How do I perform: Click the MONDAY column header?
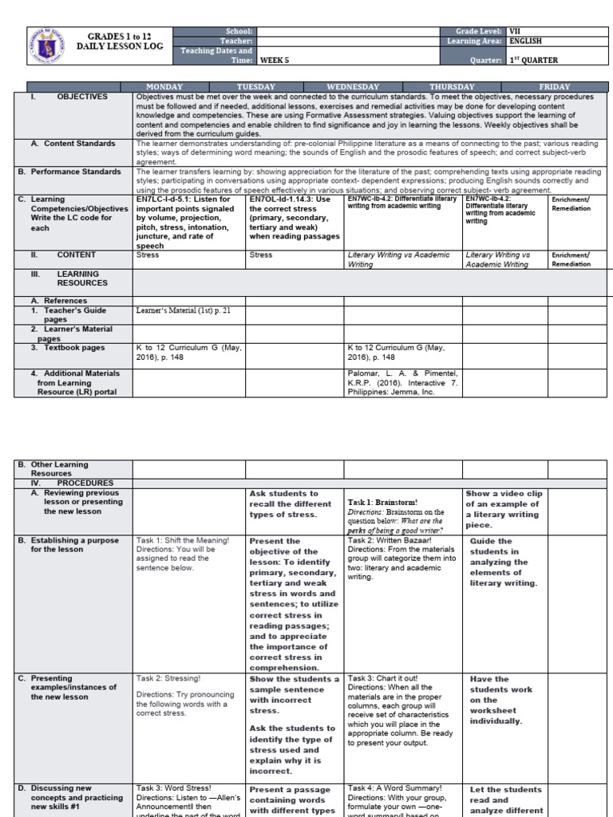click(164, 86)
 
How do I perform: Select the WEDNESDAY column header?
click(353, 86)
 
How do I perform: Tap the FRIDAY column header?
click(555, 86)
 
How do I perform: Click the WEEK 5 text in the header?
click(274, 60)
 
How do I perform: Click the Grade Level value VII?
click(514, 30)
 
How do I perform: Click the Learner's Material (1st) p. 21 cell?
click(183, 310)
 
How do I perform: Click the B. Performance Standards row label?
click(75, 172)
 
